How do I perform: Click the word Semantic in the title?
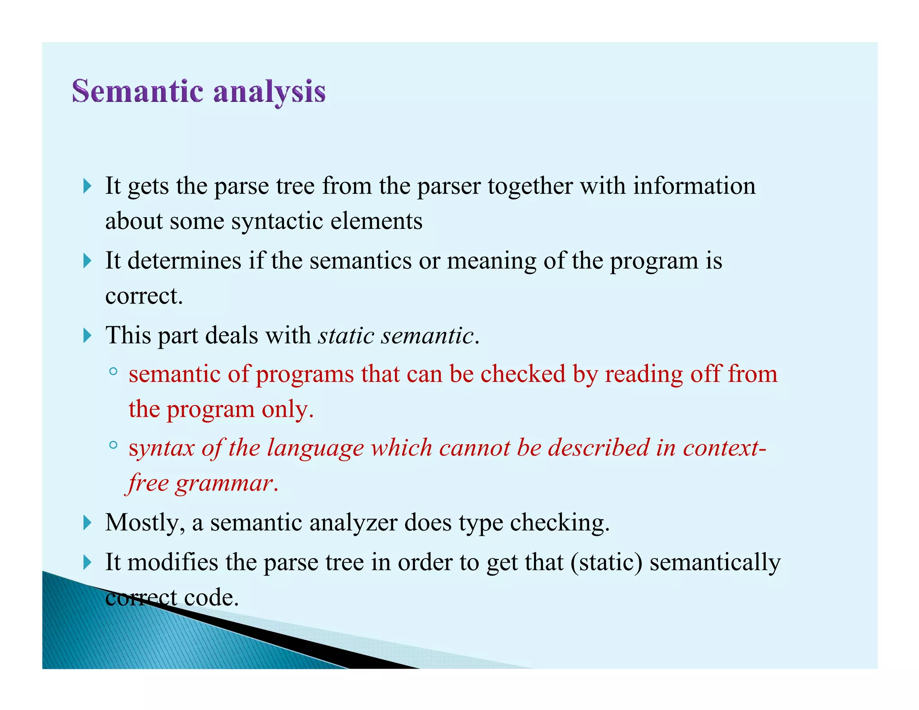[x=138, y=91]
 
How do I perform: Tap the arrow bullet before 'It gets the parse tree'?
[x=88, y=186]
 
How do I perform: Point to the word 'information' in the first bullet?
[x=694, y=186]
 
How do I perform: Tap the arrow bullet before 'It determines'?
[x=88, y=261]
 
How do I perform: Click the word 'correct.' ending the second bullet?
[x=144, y=296]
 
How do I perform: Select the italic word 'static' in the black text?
[x=346, y=335]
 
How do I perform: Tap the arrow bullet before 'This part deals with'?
[x=88, y=336]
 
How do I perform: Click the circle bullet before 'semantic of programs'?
[x=113, y=372]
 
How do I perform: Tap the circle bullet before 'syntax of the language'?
[x=113, y=445]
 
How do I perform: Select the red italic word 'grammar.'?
[x=227, y=483]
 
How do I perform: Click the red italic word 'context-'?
[x=724, y=448]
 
